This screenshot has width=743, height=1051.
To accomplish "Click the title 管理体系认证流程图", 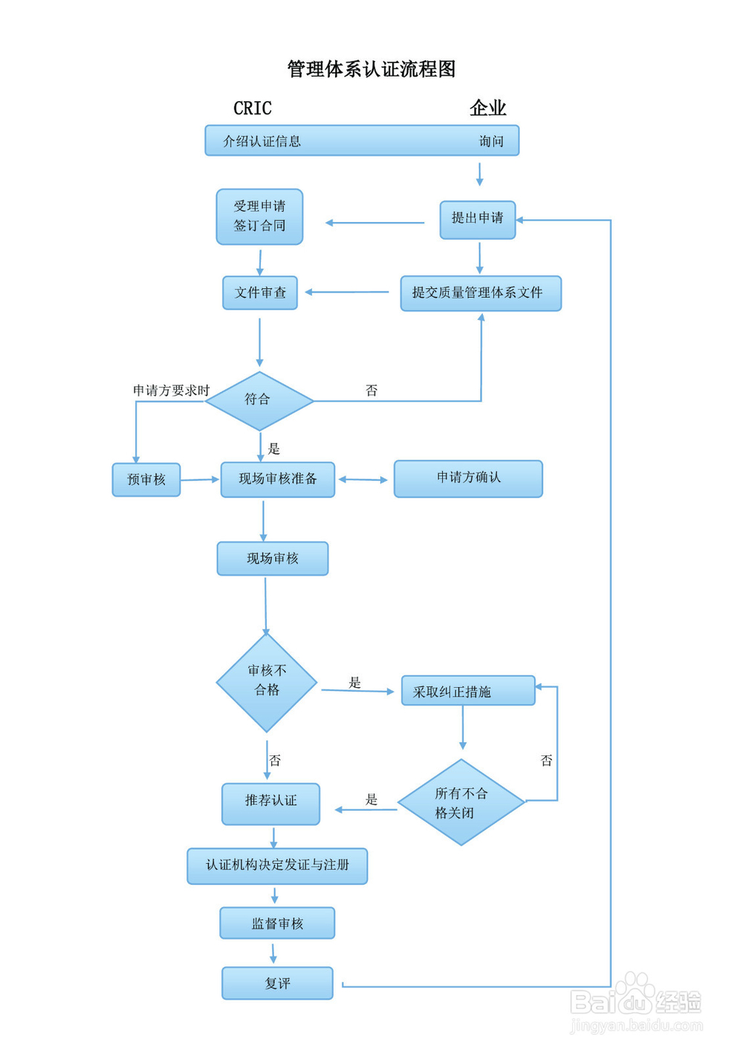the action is (x=371, y=69).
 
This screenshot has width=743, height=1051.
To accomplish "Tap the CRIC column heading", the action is (x=253, y=108).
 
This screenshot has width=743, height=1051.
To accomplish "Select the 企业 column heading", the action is (x=487, y=108).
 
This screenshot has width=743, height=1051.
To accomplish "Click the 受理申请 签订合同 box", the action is (x=259, y=216).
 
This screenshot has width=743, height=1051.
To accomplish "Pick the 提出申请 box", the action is (x=477, y=220).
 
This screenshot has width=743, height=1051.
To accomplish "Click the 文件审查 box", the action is (x=260, y=293).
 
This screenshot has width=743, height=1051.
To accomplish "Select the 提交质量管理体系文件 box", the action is (x=481, y=293).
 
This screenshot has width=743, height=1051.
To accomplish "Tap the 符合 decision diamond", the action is (x=259, y=400).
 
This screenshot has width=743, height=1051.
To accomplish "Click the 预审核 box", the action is (x=146, y=480).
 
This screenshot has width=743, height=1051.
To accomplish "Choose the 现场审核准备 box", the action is (x=278, y=479).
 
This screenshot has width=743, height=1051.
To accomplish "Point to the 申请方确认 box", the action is (x=468, y=478).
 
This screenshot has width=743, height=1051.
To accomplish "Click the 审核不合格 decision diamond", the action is (x=267, y=683).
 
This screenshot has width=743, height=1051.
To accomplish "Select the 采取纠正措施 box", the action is (x=468, y=690).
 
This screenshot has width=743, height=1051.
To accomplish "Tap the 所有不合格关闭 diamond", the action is (x=461, y=802).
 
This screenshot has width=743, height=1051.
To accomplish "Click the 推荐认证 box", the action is (x=270, y=804).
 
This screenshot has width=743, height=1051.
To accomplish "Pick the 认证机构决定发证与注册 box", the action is (x=277, y=865).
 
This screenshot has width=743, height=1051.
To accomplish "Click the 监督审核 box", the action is (x=277, y=923).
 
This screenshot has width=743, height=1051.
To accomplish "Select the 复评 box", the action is (x=277, y=983).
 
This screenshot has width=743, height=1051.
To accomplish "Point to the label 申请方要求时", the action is (x=172, y=390).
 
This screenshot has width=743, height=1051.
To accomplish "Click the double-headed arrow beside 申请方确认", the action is (x=363, y=480).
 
